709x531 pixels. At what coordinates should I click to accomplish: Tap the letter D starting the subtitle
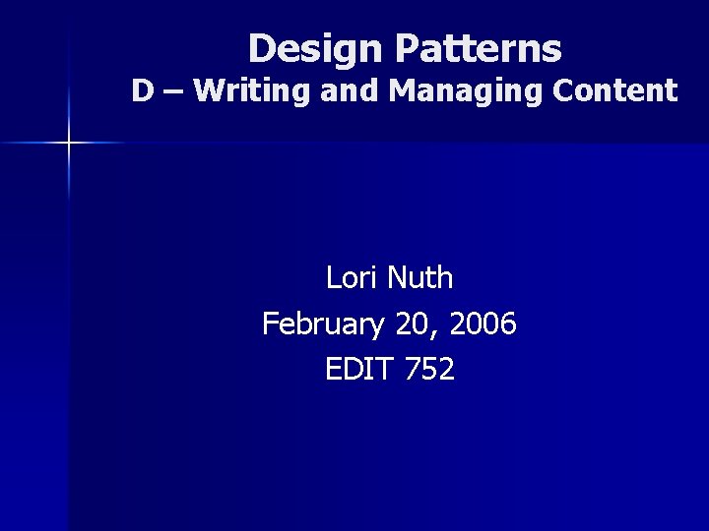pyautogui.click(x=144, y=91)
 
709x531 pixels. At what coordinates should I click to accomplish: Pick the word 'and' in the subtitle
pyautogui.click(x=354, y=91)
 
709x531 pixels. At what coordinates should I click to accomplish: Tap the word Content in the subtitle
pyautogui.click(x=615, y=91)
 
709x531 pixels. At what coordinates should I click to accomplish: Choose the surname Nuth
pyautogui.click(x=419, y=278)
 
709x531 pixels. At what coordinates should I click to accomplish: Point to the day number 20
pyautogui.click(x=408, y=324)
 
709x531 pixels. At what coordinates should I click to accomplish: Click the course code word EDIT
pyautogui.click(x=359, y=369)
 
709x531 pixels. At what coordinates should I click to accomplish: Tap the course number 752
pyautogui.click(x=429, y=369)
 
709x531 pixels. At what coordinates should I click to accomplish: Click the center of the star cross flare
pyautogui.click(x=69, y=144)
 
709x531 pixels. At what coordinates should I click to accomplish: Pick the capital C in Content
pyautogui.click(x=563, y=91)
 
